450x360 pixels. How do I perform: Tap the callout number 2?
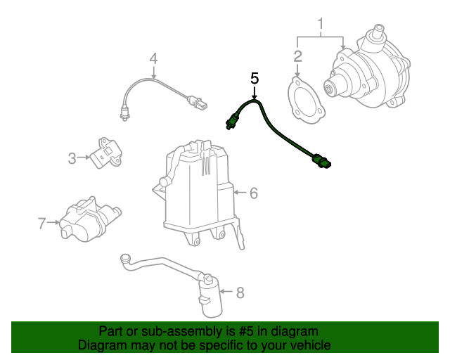point(297,56)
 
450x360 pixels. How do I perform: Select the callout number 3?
point(72,158)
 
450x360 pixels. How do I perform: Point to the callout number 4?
point(153,58)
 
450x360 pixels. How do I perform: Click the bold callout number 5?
point(255,78)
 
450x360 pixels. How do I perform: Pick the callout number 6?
point(254,193)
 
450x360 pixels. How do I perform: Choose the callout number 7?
point(42,223)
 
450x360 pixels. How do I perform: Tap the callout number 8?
point(240,292)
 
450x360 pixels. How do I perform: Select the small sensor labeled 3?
point(105,153)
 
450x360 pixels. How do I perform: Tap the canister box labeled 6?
point(198,193)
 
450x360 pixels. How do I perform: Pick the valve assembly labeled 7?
point(89,219)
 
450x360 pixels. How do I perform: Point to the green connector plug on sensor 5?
point(321,161)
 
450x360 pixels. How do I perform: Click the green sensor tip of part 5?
point(231,122)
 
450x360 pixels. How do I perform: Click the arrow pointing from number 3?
point(83,157)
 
